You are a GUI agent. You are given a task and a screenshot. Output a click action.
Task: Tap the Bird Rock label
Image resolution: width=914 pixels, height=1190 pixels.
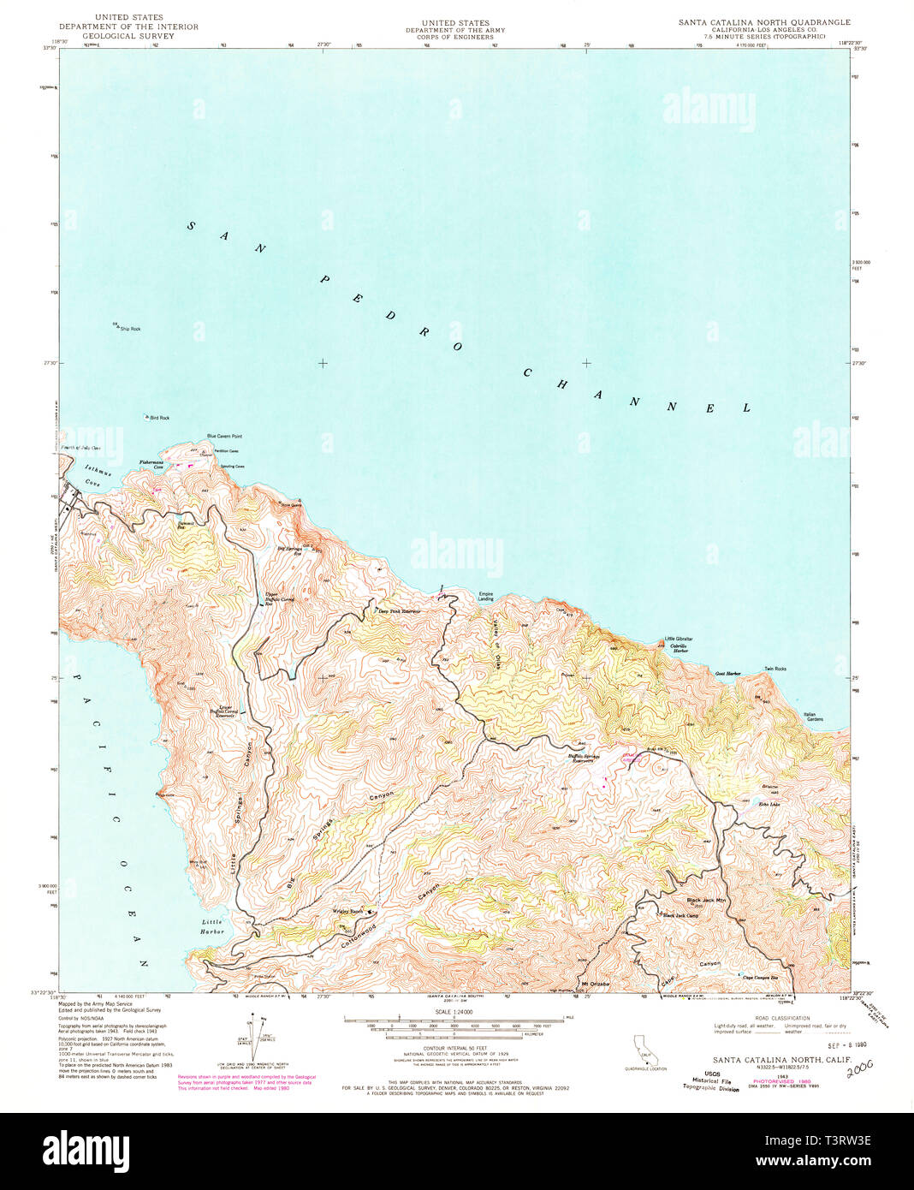(159, 418)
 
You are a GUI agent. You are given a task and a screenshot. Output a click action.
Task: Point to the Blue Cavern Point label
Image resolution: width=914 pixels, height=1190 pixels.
(224, 437)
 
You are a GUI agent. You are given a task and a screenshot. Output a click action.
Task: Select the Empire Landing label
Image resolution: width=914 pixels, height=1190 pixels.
(485, 597)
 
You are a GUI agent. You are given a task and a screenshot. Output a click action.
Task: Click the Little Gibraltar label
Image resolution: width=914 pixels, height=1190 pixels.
(679, 640)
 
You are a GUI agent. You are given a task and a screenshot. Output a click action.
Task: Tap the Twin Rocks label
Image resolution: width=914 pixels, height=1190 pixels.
(775, 669)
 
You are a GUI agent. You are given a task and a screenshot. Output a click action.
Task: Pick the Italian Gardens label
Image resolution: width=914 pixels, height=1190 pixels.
(813, 717)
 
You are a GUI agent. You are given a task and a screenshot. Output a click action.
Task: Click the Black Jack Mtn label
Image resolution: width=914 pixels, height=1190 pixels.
(706, 901)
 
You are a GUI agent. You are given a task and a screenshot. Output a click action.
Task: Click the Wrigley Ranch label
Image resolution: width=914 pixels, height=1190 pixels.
(347, 911)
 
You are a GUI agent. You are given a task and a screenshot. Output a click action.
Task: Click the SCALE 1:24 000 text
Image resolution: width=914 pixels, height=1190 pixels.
(454, 1011)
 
